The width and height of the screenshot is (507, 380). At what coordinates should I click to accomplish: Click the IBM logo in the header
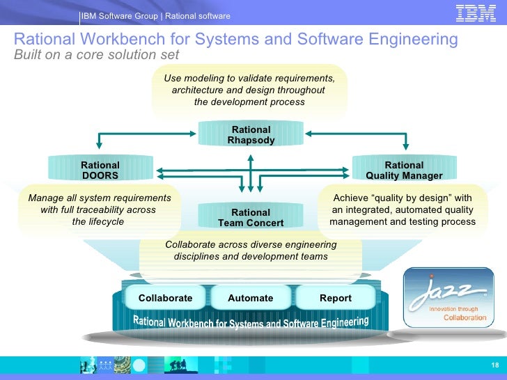(476, 14)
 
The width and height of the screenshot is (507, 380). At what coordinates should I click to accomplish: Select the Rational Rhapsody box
(251, 135)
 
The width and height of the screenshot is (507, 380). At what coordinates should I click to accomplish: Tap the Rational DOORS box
(100, 171)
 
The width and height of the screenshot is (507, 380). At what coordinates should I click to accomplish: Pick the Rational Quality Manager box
(404, 171)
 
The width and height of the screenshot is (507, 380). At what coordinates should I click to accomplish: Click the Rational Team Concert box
(251, 218)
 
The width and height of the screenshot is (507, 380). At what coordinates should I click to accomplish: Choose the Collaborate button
(165, 298)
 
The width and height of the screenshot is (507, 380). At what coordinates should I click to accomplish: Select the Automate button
(251, 298)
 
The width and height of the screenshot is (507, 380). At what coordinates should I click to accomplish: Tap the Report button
(336, 298)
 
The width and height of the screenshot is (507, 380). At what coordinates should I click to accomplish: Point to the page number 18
(494, 366)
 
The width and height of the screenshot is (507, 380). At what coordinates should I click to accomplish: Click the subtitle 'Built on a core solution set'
(96, 55)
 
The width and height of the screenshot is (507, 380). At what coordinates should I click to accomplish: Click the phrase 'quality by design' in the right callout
(403, 198)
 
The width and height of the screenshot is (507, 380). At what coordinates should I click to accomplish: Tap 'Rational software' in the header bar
(198, 16)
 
